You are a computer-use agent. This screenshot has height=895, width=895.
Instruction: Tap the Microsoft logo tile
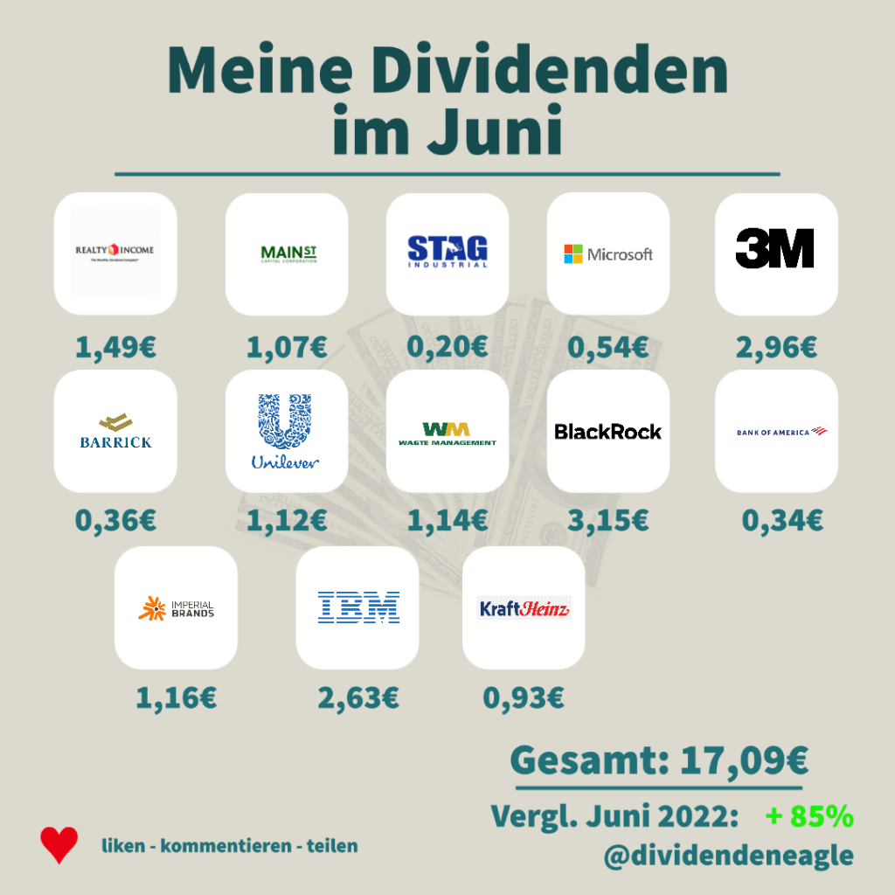tap(608, 253)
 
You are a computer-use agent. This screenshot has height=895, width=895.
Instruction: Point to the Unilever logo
tap(286, 431)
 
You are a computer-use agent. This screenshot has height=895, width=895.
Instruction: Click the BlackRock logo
tap(608, 431)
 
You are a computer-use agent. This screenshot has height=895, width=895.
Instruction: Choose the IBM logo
tap(358, 607)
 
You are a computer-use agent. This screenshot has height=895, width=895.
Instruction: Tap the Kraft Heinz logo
tap(524, 608)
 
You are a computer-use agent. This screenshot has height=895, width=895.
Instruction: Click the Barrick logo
tap(115, 431)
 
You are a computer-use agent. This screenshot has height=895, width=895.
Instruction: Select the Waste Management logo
tap(447, 433)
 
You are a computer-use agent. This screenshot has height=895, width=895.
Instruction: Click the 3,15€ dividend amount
tap(608, 521)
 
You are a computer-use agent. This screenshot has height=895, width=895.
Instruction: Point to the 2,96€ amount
tap(776, 347)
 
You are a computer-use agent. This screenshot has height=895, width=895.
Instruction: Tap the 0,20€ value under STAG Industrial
tap(447, 347)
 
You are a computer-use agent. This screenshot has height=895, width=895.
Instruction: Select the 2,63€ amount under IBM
tap(358, 698)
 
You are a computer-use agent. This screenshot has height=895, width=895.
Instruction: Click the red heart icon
tap(59, 845)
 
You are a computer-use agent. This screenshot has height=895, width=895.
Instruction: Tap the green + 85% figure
tap(808, 816)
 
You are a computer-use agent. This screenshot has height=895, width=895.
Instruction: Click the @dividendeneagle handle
tap(727, 855)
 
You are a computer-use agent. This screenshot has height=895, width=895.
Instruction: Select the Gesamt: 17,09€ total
tap(658, 759)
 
